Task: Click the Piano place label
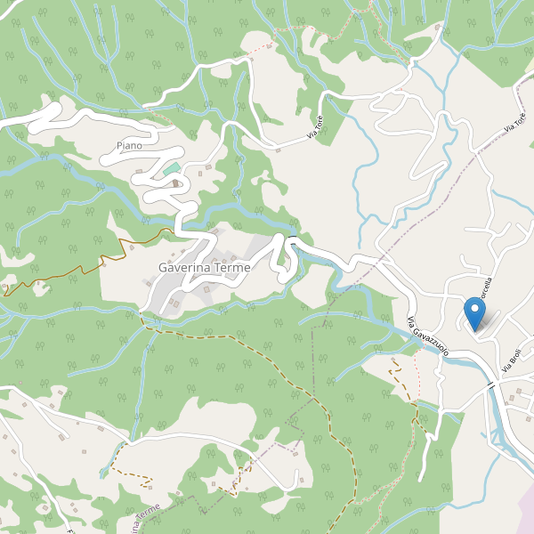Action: pos(129,145)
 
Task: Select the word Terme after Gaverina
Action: pos(232,267)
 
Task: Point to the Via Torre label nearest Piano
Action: pos(314,127)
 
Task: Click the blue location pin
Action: pos(474,313)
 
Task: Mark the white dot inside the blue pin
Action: pos(474,310)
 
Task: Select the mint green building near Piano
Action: pos(172,168)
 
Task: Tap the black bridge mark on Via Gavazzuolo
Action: pos(489,384)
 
